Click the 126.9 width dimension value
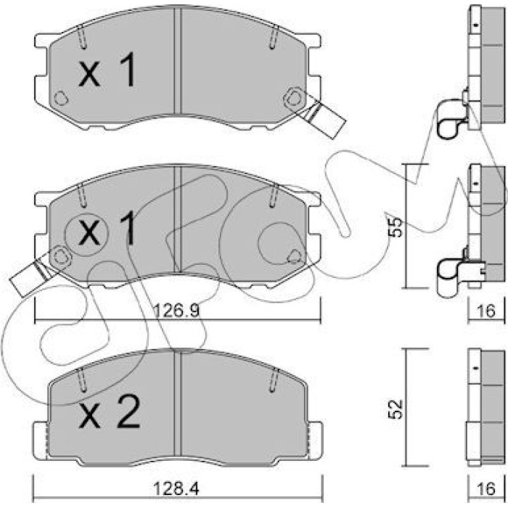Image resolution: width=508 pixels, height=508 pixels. click(176, 311)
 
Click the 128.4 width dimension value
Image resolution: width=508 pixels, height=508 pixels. click(176, 488)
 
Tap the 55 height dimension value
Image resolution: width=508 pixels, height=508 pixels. click(396, 228)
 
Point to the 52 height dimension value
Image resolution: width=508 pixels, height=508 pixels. click(396, 409)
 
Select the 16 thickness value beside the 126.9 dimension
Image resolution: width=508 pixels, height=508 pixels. click(487, 311)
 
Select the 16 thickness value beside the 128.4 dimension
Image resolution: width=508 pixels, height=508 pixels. click(487, 488)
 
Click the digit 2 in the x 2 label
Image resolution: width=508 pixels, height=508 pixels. click(129, 412)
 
